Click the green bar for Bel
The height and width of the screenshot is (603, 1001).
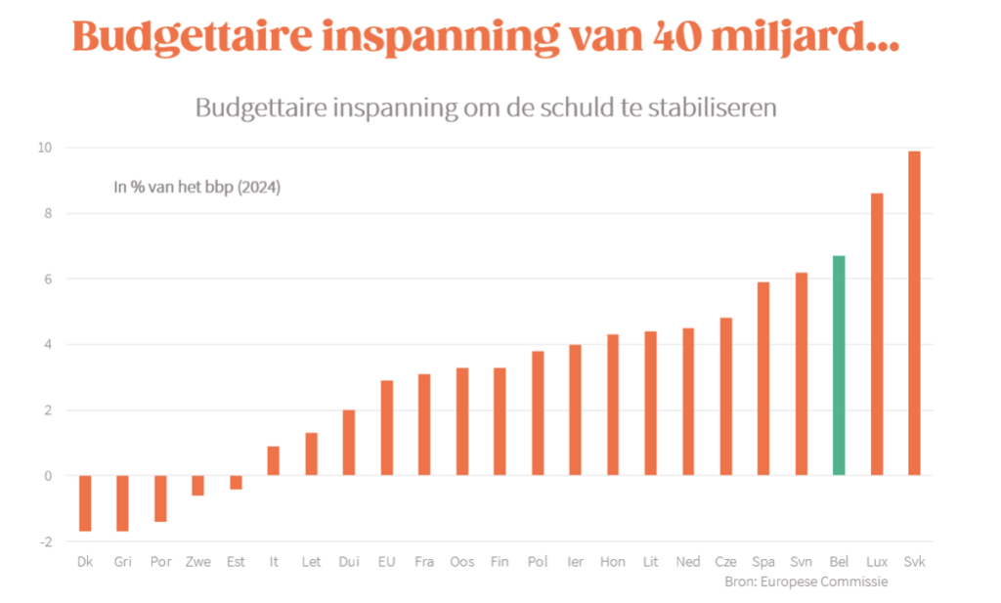839,366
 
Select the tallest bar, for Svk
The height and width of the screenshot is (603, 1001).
914,313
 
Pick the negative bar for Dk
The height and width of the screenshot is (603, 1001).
85,503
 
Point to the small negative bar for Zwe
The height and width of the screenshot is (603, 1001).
198,486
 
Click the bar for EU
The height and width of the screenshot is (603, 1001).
387,428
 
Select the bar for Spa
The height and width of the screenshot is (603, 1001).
763,378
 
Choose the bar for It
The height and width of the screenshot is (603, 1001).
274,461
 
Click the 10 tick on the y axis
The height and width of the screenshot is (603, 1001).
44,148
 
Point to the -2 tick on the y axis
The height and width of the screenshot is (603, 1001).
44,541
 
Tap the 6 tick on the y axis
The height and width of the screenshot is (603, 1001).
46,279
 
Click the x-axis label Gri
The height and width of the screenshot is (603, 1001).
122,562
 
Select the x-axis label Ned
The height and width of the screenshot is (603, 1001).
687,562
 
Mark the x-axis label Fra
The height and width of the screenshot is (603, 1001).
424,562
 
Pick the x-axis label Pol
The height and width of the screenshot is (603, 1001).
537,562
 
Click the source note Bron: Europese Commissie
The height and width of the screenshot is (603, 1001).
805,581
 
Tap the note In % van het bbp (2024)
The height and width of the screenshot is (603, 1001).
197,187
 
